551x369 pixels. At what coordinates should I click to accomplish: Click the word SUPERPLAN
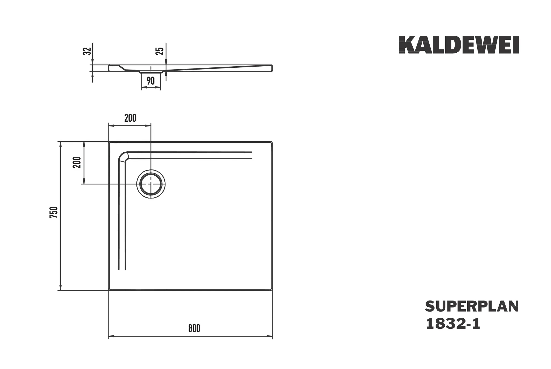(x=472, y=307)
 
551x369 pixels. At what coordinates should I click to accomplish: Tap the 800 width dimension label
(x=194, y=328)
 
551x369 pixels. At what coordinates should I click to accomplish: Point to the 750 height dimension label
(x=54, y=212)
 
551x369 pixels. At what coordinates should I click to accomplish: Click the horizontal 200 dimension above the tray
(x=130, y=118)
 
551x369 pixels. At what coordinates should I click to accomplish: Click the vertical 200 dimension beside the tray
(x=77, y=162)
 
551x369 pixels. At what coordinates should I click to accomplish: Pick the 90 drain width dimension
(x=151, y=81)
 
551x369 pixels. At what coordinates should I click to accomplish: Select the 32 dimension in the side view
(x=86, y=51)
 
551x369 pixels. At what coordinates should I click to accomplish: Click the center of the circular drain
(x=151, y=184)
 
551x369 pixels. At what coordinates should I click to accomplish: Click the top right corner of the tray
(x=272, y=142)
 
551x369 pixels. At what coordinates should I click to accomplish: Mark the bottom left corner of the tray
(x=109, y=290)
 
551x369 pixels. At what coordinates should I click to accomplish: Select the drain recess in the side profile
(x=151, y=72)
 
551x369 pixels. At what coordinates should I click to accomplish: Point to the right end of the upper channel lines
(x=251, y=155)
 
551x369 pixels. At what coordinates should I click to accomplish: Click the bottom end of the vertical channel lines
(x=122, y=269)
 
